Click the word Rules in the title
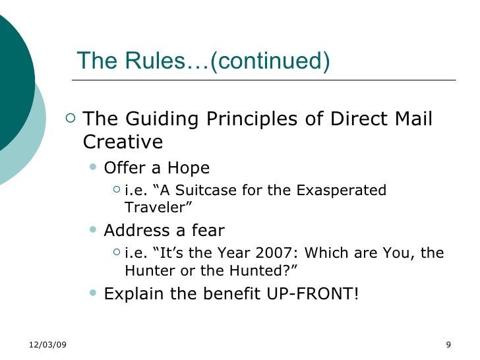(146, 61)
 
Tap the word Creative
(123, 142)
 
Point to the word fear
(207, 231)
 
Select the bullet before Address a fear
(92, 229)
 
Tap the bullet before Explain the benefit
(92, 292)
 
